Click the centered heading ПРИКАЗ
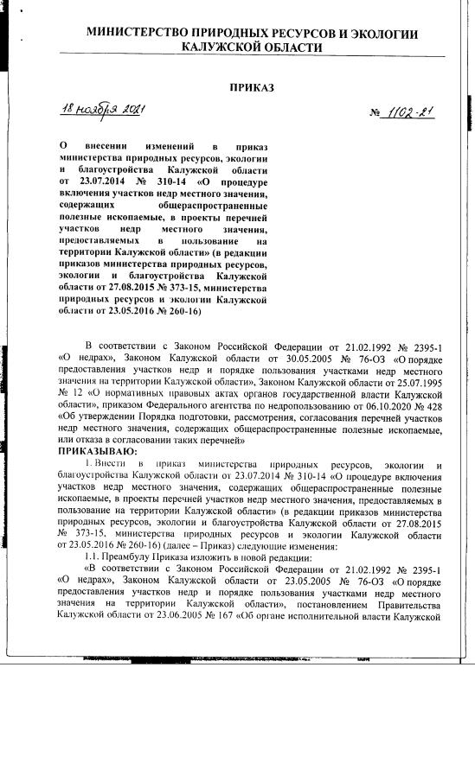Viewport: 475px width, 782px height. tap(251, 87)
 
